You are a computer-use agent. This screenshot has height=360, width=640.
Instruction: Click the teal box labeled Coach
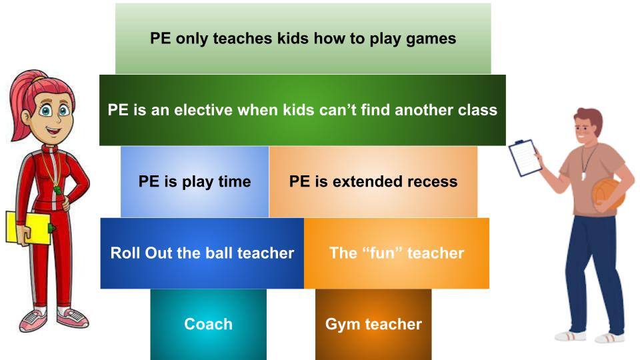click(208, 325)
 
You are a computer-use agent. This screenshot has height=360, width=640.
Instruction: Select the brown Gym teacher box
click(373, 325)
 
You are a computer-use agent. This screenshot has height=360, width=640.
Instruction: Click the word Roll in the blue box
click(124, 253)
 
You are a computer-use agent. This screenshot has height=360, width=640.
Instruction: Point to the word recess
click(433, 181)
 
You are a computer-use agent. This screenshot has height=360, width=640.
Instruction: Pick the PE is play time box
click(195, 181)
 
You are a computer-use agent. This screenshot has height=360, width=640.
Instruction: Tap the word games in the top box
click(431, 38)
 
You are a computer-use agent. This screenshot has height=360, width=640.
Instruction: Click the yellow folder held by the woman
click(27, 227)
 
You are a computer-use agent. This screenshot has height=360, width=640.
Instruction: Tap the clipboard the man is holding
click(525, 157)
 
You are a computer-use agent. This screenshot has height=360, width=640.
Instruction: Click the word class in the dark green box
click(478, 110)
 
